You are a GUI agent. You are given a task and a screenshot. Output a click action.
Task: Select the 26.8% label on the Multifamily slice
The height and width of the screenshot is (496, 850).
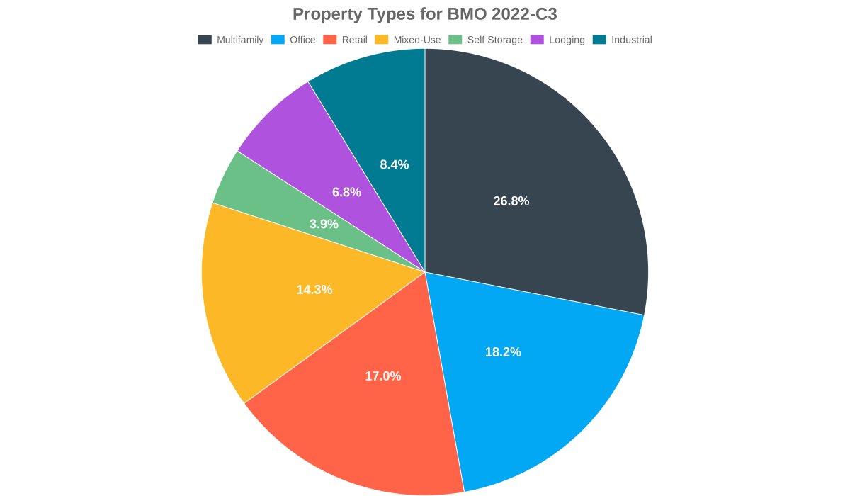pos(511,201)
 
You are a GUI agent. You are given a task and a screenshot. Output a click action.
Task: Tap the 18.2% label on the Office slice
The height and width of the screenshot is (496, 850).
pos(503,352)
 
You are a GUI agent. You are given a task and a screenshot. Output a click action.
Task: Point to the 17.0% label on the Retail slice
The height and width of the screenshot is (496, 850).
pos(383,376)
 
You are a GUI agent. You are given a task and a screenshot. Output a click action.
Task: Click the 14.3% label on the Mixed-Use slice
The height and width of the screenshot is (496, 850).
pos(314,290)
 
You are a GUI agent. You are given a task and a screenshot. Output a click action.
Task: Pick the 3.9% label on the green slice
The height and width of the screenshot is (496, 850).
pos(324,225)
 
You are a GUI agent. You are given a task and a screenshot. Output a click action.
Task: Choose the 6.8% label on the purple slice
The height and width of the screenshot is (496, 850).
pos(346,192)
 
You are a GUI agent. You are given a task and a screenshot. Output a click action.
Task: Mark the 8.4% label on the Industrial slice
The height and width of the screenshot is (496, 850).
pos(394,165)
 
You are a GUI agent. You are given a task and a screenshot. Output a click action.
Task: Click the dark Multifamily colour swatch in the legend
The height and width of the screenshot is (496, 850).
pos(205,40)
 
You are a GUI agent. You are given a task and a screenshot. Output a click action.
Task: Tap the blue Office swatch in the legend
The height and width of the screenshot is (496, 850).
pos(278,40)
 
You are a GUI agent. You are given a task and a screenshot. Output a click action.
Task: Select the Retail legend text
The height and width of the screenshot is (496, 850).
pos(354,40)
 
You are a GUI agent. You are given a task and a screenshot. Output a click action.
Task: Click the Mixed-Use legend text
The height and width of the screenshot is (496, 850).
pos(416,40)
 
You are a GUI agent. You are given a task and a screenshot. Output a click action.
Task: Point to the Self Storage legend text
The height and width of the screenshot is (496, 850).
pos(494,40)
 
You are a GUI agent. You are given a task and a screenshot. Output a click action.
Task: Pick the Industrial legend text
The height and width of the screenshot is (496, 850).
pos(631,40)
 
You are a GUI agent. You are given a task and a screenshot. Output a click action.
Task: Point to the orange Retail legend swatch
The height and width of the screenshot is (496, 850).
pos(329,40)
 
